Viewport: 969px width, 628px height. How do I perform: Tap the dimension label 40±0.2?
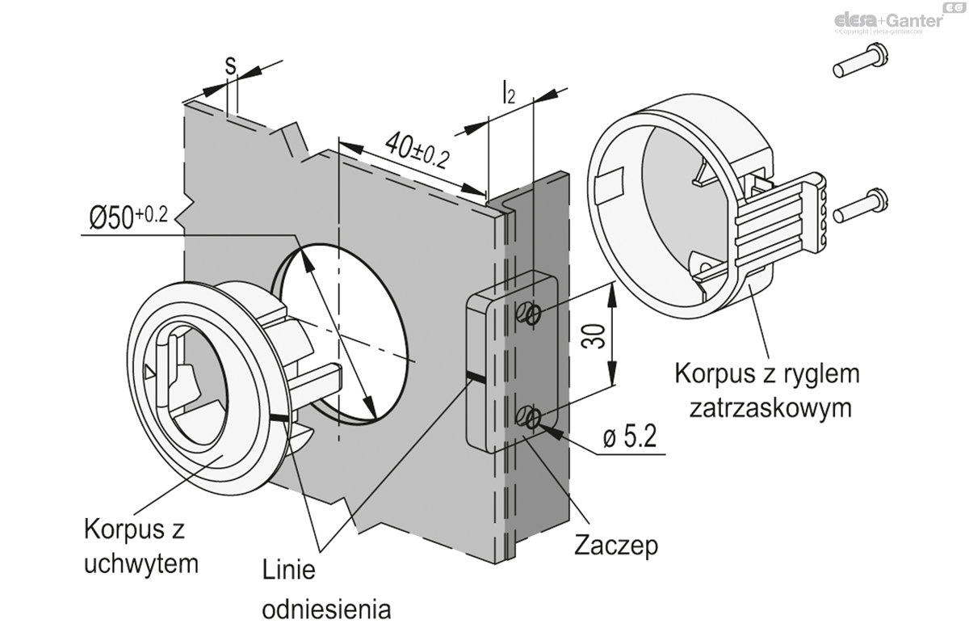[417, 150]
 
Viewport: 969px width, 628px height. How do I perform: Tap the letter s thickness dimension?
[230, 65]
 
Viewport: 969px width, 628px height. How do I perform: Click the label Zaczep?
[615, 545]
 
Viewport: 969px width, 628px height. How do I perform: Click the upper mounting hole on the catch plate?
[530, 314]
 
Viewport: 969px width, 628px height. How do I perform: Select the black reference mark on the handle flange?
[279, 418]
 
